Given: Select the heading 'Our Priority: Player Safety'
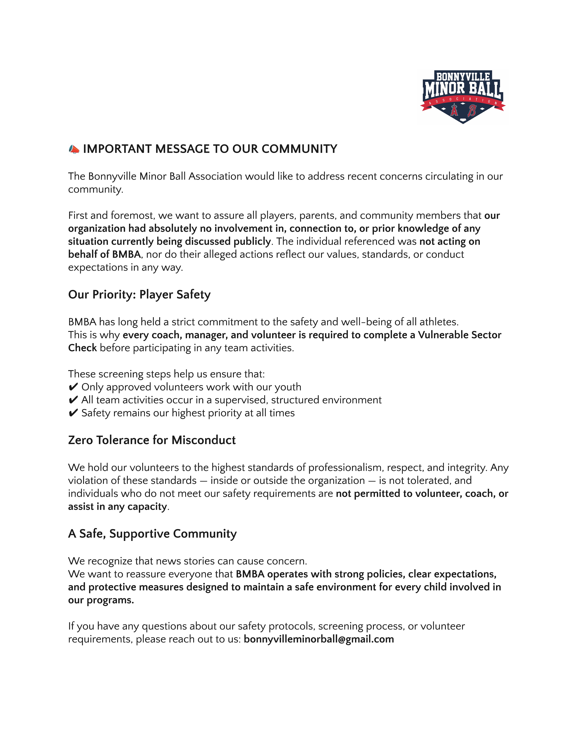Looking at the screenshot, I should (x=139, y=294).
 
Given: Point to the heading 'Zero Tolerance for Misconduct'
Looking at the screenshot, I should (x=152, y=440).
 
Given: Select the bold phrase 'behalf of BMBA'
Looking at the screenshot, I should (x=104, y=254).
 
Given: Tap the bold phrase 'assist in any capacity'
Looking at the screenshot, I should (x=117, y=507).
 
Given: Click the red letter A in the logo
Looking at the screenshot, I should (x=454, y=110).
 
